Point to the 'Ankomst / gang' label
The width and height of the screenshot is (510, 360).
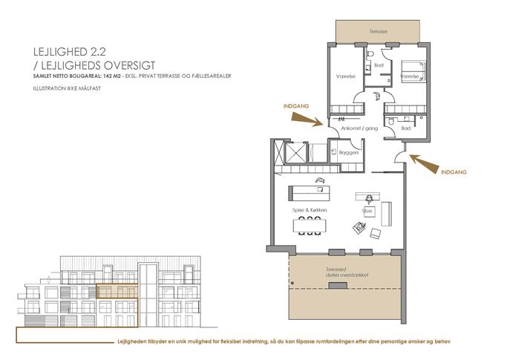tap(356, 128)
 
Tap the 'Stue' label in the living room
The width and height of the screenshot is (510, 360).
tap(366, 211)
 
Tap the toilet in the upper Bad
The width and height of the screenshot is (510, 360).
tap(368, 56)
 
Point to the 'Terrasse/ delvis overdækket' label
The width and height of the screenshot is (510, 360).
tap(344, 272)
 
